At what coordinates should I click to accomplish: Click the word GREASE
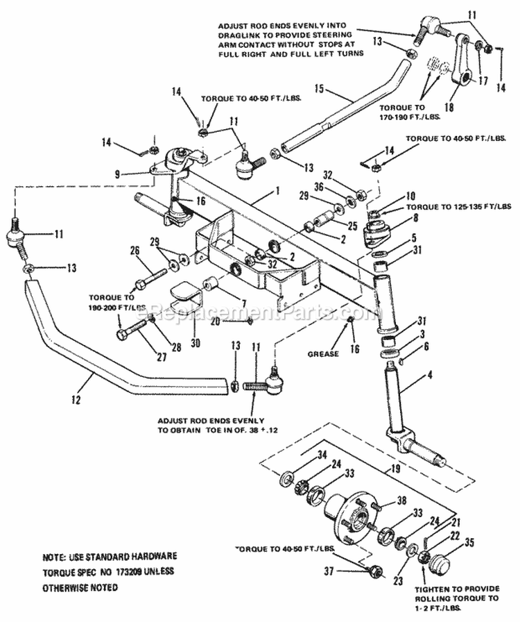pos(325,354)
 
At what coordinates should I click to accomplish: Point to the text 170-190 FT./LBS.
pos(404,117)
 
